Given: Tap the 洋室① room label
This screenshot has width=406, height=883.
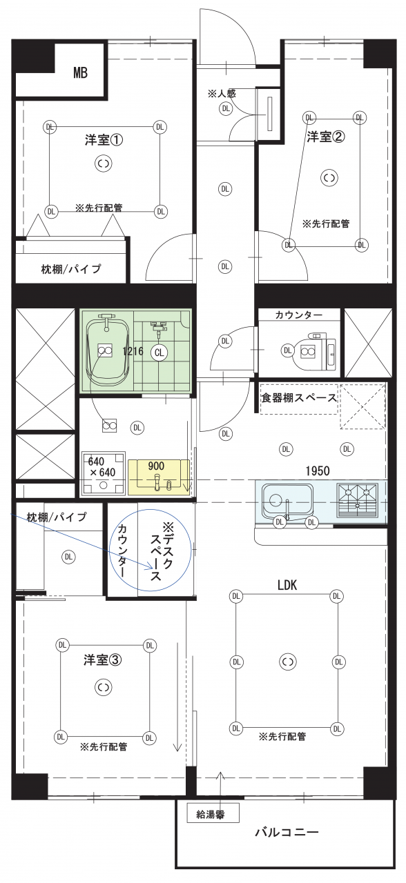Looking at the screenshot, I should click(x=104, y=140).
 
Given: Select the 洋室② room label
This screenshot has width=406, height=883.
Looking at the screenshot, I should click(x=326, y=136).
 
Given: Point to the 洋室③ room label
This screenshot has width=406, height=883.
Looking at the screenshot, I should click(x=103, y=659).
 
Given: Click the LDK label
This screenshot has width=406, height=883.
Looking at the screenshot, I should click(x=287, y=585).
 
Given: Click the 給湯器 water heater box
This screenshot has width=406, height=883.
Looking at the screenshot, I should click(x=213, y=814).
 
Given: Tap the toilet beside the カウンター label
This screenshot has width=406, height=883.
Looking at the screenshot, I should click(x=309, y=352).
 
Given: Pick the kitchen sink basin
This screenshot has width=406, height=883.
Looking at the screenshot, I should click(x=287, y=500).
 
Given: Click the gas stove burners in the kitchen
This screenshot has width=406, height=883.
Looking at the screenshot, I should click(x=357, y=500).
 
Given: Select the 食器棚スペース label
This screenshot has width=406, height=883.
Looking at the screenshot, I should click(x=299, y=398).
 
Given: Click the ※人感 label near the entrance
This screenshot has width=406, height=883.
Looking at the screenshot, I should click(x=222, y=93).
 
